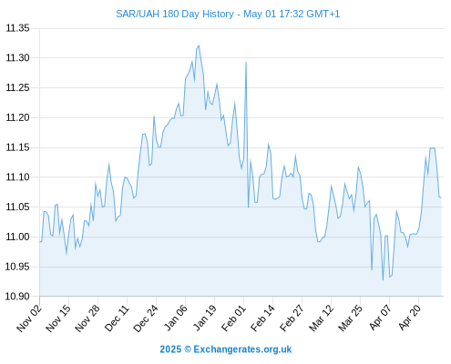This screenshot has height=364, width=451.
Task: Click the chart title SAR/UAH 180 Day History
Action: [175, 14]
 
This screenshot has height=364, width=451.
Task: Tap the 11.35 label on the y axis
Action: [18, 28]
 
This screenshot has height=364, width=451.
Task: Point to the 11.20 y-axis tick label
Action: [18, 117]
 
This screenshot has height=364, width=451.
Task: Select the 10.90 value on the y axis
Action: [18, 296]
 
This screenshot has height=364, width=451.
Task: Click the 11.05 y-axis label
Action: [18, 207]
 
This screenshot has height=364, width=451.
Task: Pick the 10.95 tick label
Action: [18, 267]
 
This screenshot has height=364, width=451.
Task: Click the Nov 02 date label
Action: [29, 318]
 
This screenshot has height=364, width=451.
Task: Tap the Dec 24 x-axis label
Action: [146, 318]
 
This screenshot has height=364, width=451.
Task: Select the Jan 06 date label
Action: [175, 318]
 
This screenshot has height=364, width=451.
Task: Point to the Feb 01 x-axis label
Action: [233, 318]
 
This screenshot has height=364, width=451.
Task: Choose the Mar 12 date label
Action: [321, 318]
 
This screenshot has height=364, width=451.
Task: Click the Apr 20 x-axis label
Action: [409, 318]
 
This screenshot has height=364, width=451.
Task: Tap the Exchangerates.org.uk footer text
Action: [242, 349]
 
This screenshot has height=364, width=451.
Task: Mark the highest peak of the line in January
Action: [199, 45]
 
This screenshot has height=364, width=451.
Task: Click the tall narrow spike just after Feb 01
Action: [246, 62]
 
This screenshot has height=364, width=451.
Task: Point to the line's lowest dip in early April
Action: [383, 280]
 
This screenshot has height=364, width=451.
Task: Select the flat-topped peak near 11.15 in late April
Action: [432, 148]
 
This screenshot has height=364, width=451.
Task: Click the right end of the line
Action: [441, 197]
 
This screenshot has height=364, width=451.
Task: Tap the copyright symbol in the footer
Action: [188, 349]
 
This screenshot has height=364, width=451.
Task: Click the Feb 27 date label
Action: [292, 318]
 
